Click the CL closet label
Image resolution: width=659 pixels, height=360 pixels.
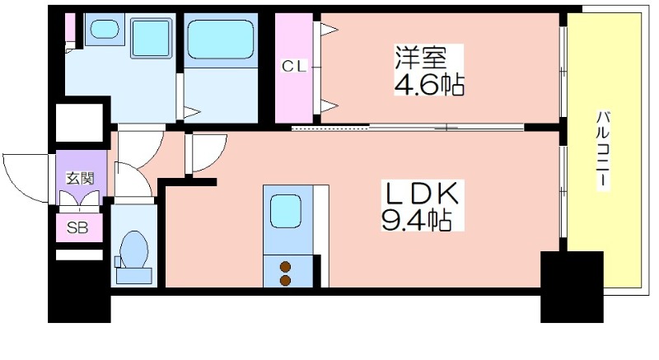[x=294, y=67]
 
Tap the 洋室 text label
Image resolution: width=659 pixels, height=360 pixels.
[x=420, y=58]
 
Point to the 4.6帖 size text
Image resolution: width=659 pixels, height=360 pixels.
[x=429, y=85]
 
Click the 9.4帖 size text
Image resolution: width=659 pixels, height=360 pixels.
[x=416, y=220]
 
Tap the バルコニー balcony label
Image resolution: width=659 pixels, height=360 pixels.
[x=603, y=150]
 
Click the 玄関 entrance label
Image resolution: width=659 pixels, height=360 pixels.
[x=80, y=179]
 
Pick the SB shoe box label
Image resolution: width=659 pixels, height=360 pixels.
[x=77, y=227]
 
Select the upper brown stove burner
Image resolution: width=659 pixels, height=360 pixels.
[x=286, y=266]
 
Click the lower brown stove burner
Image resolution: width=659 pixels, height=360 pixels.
[x=286, y=281]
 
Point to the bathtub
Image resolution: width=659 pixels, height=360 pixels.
[x=221, y=40]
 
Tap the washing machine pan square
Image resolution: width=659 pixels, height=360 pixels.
[x=152, y=38]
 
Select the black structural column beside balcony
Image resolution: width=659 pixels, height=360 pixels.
[x=572, y=287]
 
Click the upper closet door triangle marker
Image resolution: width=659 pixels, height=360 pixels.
[x=329, y=30]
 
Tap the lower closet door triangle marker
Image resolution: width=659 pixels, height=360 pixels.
[x=329, y=105]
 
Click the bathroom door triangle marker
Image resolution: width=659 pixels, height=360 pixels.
[x=192, y=112]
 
